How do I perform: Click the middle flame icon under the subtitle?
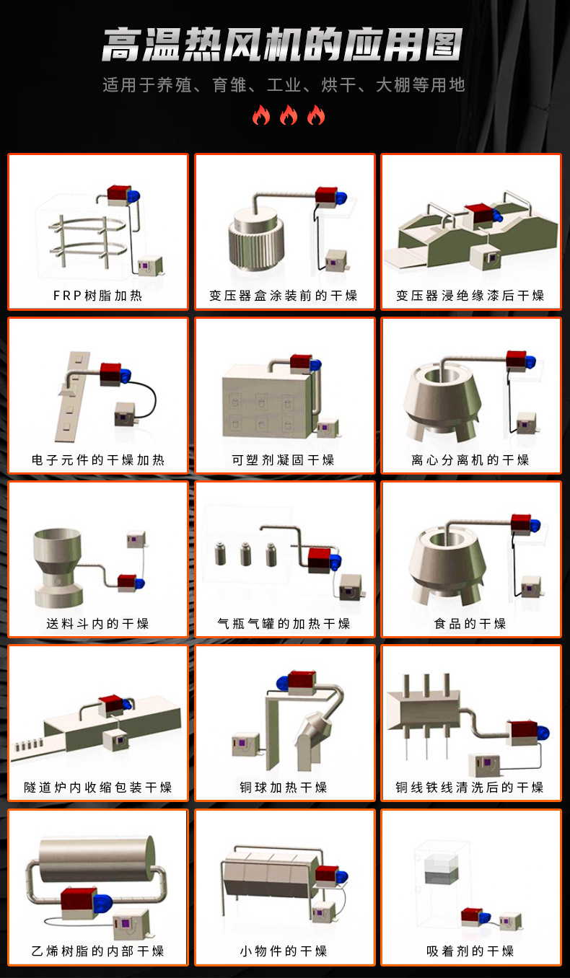289,115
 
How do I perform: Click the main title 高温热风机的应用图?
282,45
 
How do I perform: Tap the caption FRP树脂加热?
98,296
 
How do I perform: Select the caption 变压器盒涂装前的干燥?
284,296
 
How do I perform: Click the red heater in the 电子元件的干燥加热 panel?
110,374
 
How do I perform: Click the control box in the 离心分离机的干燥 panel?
527,423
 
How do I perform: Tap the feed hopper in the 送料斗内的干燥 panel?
58,567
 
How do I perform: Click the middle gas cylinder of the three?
246,554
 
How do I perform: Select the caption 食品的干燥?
470,623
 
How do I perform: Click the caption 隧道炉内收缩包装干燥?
98,787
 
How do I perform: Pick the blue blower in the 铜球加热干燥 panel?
283,683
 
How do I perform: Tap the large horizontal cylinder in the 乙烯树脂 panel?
97,858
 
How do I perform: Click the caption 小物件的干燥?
284,951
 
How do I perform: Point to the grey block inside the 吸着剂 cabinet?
442,875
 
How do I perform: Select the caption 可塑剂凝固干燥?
283,459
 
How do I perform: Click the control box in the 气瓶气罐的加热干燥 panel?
351,587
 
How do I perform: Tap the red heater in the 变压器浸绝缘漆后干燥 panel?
479,213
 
